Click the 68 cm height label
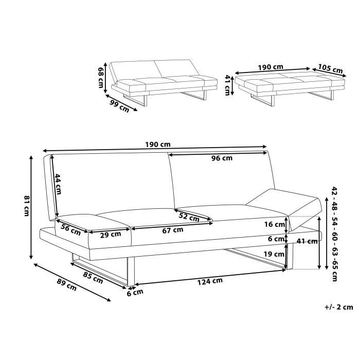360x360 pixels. [101, 77]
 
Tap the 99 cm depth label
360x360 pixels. [119, 106]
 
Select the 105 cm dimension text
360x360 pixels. [330, 68]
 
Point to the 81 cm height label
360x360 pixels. [27, 206]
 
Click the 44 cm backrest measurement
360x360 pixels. [58, 184]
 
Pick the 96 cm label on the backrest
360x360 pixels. [222, 158]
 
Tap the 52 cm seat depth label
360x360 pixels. [189, 217]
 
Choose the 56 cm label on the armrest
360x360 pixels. [71, 230]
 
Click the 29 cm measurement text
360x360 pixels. [111, 235]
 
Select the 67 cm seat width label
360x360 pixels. [173, 230]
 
